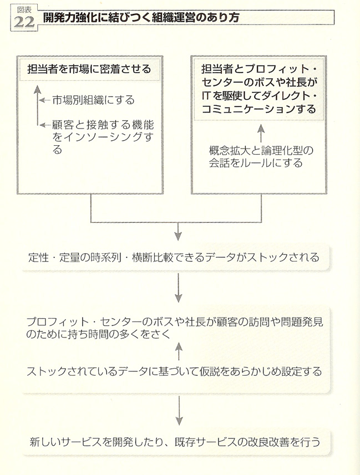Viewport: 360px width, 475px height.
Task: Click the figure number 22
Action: tap(24, 22)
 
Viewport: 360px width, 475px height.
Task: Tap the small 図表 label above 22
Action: tap(24, 10)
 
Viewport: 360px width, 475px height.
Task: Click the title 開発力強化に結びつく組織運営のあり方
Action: tap(141, 17)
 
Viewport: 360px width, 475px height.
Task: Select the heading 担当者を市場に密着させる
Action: tap(89, 69)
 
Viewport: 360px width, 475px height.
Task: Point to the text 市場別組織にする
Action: tap(93, 100)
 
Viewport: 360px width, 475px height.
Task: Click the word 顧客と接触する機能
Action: tap(103, 125)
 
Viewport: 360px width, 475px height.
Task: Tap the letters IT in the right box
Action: tap(206, 96)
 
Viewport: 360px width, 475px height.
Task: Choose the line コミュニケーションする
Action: tap(258, 109)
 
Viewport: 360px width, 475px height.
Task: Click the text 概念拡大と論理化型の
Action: tap(261, 150)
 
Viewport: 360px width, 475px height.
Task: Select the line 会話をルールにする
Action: tap(256, 163)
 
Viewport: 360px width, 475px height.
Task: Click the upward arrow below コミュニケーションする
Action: tap(261, 133)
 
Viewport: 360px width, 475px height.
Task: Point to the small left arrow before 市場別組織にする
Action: tap(45, 100)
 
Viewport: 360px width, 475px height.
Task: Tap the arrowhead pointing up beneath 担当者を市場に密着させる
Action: tap(37, 89)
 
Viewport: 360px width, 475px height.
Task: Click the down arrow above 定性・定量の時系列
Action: tap(178, 232)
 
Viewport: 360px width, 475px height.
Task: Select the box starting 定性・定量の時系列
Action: tap(175, 258)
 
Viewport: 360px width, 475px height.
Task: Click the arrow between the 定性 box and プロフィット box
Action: tap(179, 288)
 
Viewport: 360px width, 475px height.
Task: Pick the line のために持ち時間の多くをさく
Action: tap(99, 334)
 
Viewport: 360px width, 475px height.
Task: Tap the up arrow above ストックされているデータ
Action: tap(179, 351)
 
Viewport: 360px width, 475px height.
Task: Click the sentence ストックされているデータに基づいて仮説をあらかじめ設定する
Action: tap(174, 371)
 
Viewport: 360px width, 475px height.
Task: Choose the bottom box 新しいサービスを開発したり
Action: tap(176, 442)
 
